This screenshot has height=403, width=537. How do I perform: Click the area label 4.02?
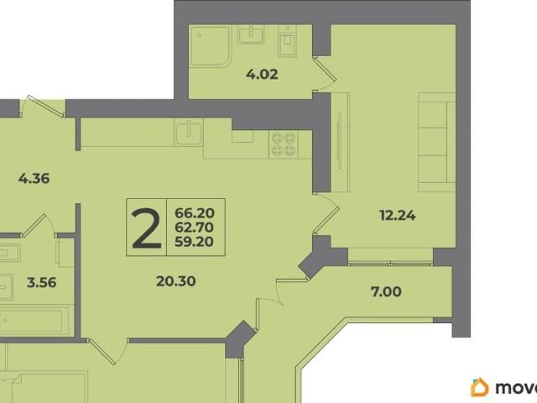click(262, 75)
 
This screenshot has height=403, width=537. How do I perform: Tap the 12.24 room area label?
click(398, 216)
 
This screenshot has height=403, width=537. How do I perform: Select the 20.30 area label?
click(176, 281)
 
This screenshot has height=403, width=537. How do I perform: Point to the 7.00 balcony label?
click(386, 291)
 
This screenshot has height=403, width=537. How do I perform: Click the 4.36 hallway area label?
click(34, 179)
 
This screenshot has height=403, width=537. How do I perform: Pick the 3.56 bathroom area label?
click(42, 283)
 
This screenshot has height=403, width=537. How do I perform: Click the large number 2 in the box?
click(147, 228)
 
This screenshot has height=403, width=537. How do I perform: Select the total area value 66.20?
click(195, 213)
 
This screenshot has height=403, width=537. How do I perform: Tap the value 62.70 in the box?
click(195, 228)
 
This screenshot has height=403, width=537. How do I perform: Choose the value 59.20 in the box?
click(195, 242)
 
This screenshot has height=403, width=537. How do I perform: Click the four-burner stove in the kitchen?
click(284, 144)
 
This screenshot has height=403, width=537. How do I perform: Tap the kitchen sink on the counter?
click(188, 132)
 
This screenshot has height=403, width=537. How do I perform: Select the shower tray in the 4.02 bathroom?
click(210, 45)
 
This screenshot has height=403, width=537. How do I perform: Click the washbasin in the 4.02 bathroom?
click(251, 34)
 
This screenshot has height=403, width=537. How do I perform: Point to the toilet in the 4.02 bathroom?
click(287, 41)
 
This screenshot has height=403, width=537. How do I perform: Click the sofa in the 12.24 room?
click(436, 142)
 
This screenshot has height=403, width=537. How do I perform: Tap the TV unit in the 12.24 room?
click(340, 142)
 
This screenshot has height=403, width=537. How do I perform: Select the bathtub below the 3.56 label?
click(34, 321)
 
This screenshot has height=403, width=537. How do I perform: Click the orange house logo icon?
click(480, 387)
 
